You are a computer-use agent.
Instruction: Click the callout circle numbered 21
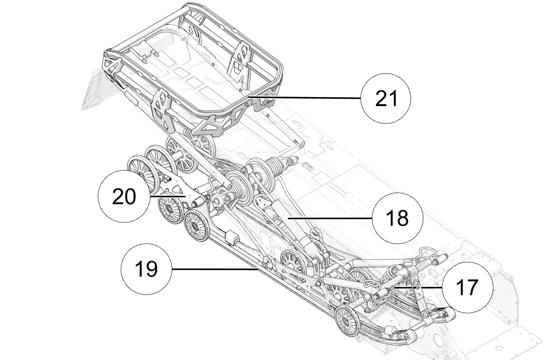coord(385,98)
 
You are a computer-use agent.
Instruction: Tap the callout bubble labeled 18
coord(398,218)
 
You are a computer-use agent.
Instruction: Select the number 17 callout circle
coord(468,287)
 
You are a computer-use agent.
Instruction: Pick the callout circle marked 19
coord(146,269)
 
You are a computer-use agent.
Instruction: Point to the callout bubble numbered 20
coord(123,196)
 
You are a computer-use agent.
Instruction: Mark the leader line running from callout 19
coord(213,269)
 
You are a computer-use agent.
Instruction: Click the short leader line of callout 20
coord(167,196)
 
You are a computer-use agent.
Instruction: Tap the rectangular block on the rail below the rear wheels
coord(231,237)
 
